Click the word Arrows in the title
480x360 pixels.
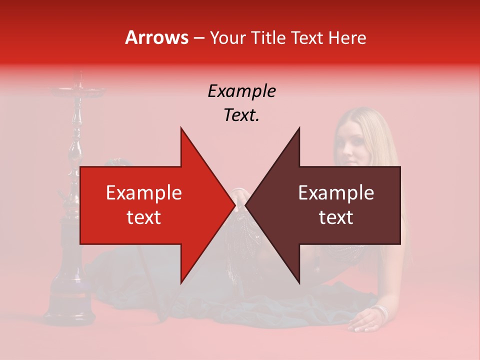pos(157,37)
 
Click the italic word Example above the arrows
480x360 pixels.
pos(241,91)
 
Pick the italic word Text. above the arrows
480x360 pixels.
pos(241,115)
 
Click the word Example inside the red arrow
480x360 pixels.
pos(144,192)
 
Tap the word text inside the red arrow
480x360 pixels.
pos(144,217)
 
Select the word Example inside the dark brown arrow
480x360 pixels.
pos(336,192)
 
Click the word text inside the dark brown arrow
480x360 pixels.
pos(336,217)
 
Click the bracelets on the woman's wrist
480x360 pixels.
pos(382,312)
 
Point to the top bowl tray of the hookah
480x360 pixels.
pos(77,91)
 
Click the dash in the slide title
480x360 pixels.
pos(198,38)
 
